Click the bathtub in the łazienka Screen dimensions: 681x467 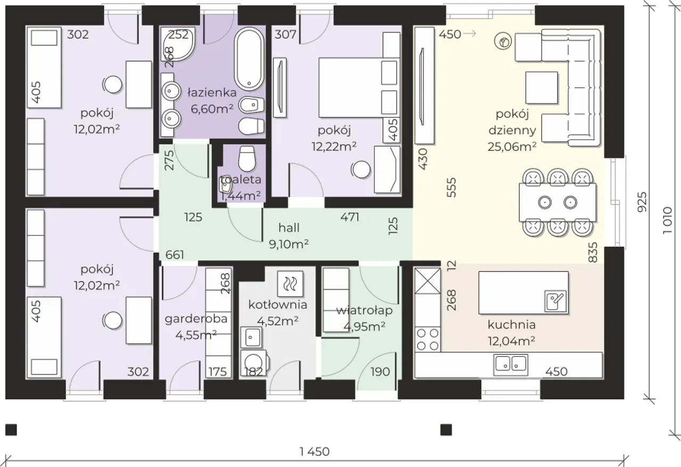[249, 59]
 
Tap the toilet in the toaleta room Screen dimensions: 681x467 [246, 159]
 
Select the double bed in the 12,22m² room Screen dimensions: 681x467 [359, 88]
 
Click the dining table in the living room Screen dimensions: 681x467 [558, 202]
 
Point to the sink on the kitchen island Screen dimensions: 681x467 [555, 301]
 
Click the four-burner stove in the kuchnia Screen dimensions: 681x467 [428, 339]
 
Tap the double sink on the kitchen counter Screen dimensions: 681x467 [511, 364]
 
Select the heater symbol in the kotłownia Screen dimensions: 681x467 [290, 284]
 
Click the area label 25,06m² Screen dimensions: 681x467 [512, 147]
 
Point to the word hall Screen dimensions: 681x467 [289, 228]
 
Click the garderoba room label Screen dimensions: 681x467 [196, 319]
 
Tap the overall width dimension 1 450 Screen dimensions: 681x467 [314, 452]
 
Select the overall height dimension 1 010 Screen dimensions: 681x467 [667, 220]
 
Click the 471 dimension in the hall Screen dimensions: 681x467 [350, 217]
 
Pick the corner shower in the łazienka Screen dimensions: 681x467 [178, 44]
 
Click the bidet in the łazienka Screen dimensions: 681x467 [251, 106]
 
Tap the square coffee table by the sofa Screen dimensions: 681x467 [542, 88]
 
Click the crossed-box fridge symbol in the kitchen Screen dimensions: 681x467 [428, 281]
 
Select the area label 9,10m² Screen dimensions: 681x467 [289, 244]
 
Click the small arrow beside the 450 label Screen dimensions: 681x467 [470, 34]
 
